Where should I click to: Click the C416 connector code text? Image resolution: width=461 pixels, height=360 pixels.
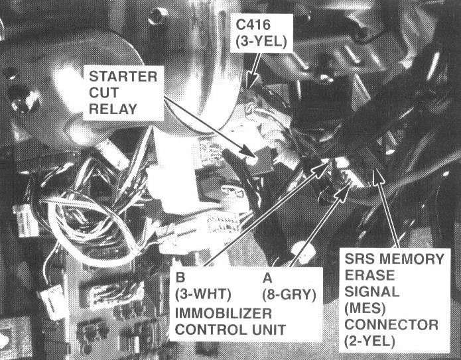253,25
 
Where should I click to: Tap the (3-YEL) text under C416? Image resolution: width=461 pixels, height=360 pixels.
261,42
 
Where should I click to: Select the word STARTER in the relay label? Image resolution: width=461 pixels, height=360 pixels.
123,76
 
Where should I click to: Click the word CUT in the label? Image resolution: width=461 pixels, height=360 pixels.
103,93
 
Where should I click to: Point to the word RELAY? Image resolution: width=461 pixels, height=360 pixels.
113,109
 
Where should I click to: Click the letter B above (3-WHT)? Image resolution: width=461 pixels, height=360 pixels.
180,278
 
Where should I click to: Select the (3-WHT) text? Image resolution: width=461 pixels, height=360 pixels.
203,294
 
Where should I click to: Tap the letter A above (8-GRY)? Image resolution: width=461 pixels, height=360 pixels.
267,278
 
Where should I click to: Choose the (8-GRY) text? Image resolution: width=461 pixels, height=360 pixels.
289,294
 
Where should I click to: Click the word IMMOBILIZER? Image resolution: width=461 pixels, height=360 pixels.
224,314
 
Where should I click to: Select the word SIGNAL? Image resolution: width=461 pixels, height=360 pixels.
372,292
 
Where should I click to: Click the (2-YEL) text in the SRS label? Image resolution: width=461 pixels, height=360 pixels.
369,341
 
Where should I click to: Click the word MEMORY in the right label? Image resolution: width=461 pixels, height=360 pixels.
412,259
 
